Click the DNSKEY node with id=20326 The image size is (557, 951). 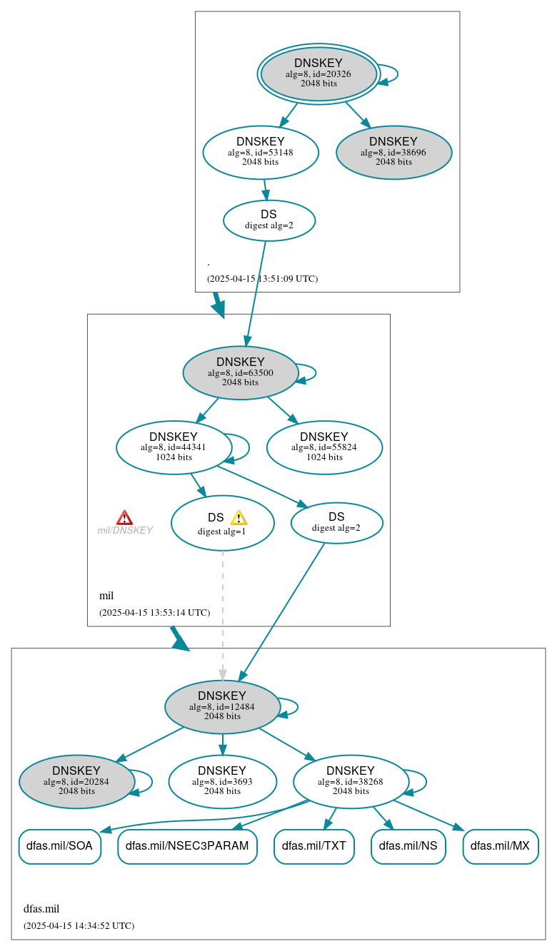pos(318,73)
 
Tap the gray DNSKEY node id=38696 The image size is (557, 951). pos(393,153)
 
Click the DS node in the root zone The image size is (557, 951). pos(269,220)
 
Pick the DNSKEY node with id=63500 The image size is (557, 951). pos(241,373)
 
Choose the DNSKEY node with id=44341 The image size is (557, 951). pos(174,448)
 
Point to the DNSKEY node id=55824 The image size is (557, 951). pos(324,448)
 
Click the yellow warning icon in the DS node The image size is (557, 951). pos(239,518)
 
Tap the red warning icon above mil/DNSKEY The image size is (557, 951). pos(124,518)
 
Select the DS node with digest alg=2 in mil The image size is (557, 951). pos(336,523)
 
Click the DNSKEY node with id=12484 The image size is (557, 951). pos(222,707)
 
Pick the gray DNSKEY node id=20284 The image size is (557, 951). pos(76,782)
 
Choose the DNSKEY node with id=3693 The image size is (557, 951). pos(222,782)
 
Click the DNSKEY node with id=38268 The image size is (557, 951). pos(351,782)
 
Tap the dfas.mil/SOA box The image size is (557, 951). pos(59,846)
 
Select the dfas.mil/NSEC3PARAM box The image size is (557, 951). pos(187,846)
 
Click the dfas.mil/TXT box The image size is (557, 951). pos(313,846)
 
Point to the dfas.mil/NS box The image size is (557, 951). pos(408,846)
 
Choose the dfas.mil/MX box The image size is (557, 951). pos(500,846)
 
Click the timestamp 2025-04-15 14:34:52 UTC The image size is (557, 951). pos(79,926)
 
